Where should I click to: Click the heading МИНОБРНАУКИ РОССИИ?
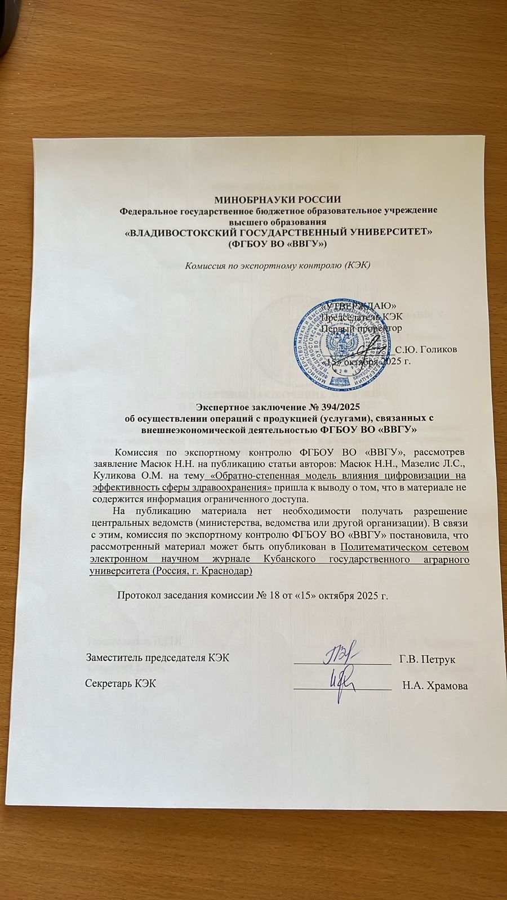pyautogui.click(x=278, y=199)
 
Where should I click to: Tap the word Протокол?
pyautogui.click(x=139, y=595)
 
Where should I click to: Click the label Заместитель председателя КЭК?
pyautogui.click(x=157, y=658)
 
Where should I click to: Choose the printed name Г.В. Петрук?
pyautogui.click(x=427, y=659)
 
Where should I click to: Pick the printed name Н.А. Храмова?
pyautogui.click(x=435, y=685)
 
